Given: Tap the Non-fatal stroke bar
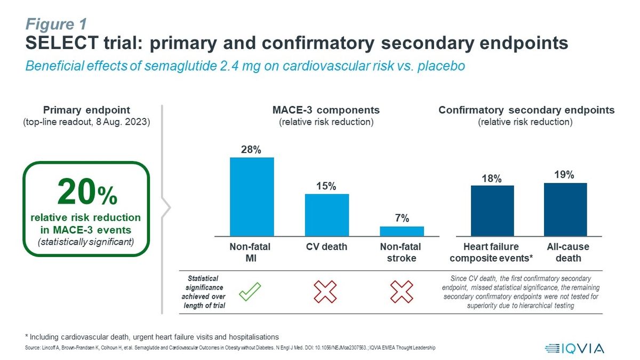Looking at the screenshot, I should tap(402, 231).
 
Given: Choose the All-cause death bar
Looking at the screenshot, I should tap(565, 209).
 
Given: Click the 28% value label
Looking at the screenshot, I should tap(251, 150).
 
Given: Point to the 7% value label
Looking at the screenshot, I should tap(402, 218).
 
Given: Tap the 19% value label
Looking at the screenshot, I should tap(564, 175).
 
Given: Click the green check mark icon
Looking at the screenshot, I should tap(250, 291).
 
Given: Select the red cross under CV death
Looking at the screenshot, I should tap(325, 292).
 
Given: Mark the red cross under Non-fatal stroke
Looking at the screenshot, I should tap(401, 292).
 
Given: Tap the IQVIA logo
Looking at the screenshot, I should tap(574, 348).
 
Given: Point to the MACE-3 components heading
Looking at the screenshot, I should tap(326, 110).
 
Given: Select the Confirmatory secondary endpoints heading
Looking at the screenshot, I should tap(526, 110).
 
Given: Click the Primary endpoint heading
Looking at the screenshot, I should tap(86, 110).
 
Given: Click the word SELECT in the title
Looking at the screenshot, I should tap(61, 43).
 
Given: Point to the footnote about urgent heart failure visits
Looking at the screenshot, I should tap(152, 337).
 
